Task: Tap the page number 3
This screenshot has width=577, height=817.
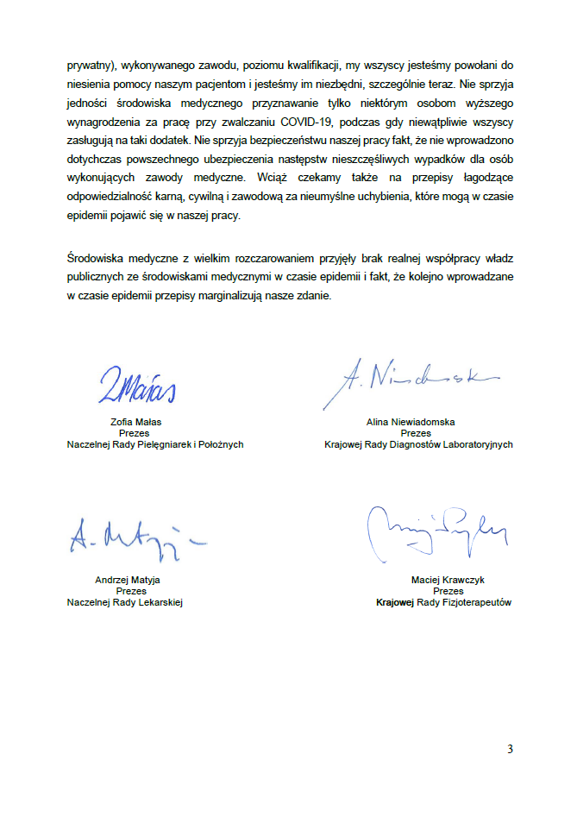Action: pyautogui.click(x=510, y=749)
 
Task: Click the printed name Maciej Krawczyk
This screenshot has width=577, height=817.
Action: pyautogui.click(x=448, y=580)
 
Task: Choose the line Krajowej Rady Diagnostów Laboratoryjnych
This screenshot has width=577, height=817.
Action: pyautogui.click(x=418, y=445)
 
